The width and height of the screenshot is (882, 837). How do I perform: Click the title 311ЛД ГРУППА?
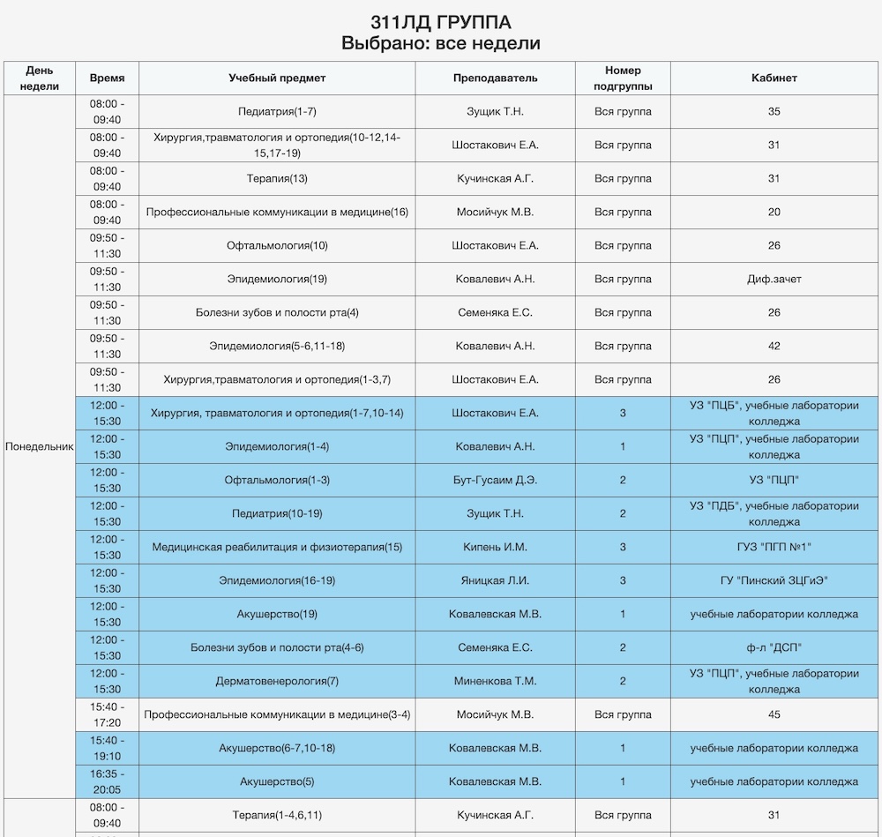pos(440,22)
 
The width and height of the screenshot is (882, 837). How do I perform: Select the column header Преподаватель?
pos(495,78)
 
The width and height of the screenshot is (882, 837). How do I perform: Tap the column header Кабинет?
pos(774,78)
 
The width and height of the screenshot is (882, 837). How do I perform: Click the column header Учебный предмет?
pos(277,78)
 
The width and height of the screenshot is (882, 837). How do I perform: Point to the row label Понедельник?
pos(40,446)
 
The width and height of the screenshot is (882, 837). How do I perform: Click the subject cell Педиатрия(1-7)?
pos(277,112)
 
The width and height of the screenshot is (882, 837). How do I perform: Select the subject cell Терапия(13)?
pos(277,179)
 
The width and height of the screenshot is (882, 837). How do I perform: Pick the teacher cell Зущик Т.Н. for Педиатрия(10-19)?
pos(495,513)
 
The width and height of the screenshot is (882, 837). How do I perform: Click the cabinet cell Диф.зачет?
pos(774,280)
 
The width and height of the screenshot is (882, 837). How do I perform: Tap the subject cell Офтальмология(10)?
pos(277,246)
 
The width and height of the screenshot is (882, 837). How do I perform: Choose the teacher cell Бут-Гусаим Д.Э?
pos(495,480)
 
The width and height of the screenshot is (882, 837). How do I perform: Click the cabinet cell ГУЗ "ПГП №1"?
pos(774,547)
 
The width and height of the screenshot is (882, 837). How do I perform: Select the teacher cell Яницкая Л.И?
pos(495,580)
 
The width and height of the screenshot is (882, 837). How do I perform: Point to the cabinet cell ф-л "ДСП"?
pos(774,647)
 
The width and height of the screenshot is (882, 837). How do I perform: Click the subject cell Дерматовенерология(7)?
pos(277,681)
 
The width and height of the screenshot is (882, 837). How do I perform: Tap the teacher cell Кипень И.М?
pos(495,547)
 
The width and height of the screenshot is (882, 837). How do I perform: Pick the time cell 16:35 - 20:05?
pos(107,781)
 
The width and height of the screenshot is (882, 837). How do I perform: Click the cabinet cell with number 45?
pos(774,714)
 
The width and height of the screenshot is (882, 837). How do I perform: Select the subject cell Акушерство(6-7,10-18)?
pos(277,748)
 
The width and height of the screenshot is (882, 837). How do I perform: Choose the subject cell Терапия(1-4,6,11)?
pos(277,815)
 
